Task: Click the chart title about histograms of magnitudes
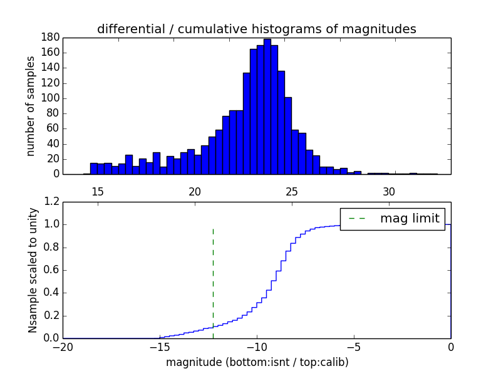(x=257, y=29)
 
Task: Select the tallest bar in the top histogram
(x=267, y=107)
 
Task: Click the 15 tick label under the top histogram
(x=98, y=191)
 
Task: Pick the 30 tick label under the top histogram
(x=389, y=191)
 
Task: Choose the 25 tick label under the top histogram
(x=292, y=191)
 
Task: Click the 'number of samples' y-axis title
(x=31, y=106)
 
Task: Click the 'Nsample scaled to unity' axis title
(x=33, y=270)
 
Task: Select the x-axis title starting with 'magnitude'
(x=257, y=362)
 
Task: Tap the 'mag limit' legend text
(x=410, y=219)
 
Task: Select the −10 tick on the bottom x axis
(x=257, y=347)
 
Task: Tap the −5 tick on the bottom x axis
(x=354, y=347)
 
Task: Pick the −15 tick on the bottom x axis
(x=160, y=347)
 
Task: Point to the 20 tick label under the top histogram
(x=195, y=191)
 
